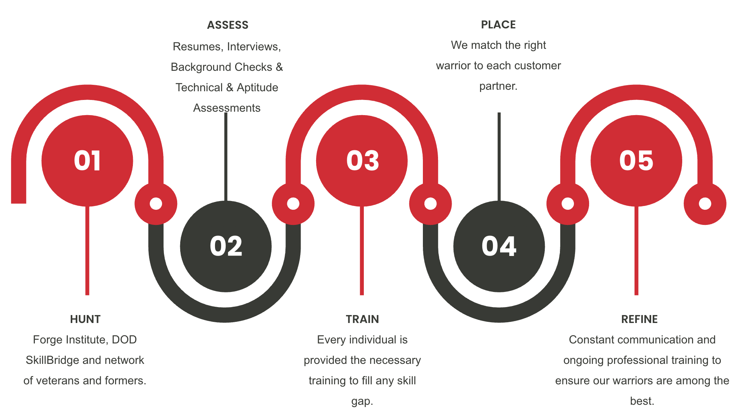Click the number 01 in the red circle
87,161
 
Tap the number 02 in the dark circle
226,246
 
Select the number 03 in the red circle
362,161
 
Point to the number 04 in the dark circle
499,246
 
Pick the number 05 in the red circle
636,161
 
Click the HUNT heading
85,319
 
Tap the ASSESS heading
228,25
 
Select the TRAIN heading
362,319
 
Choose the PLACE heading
498,25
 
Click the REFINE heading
639,319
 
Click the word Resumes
197,47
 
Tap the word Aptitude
257,87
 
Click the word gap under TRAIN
362,401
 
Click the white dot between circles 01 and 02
156,204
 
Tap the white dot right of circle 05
705,204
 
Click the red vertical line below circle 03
362,250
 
